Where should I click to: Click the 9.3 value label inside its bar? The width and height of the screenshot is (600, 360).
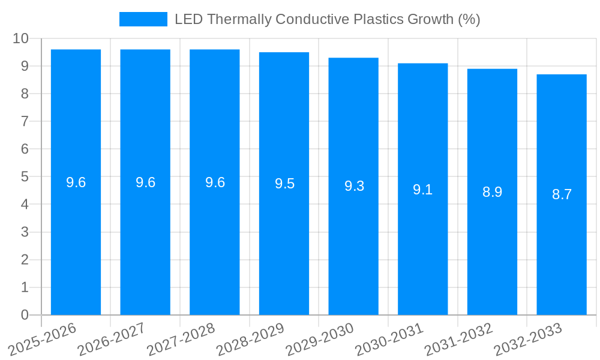pos(354,186)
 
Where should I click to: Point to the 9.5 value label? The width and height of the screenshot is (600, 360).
pos(284,184)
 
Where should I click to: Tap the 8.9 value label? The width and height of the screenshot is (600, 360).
pos(492,192)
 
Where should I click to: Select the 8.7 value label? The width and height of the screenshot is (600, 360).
pos(562,194)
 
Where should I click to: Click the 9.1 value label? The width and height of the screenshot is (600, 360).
pos(422,190)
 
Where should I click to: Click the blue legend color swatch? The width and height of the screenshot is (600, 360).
pos(143,19)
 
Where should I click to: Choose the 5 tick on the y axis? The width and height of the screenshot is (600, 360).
pos(25,177)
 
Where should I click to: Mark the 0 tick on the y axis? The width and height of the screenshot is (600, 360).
pos(25,315)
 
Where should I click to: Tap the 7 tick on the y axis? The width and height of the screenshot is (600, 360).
pos(25,121)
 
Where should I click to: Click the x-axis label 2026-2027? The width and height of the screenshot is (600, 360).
pos(112,340)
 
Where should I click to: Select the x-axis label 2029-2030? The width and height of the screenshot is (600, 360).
pos(320,340)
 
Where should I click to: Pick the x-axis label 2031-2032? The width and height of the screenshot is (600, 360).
pos(458,340)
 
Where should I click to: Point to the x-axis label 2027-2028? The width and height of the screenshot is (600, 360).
pos(181,340)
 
